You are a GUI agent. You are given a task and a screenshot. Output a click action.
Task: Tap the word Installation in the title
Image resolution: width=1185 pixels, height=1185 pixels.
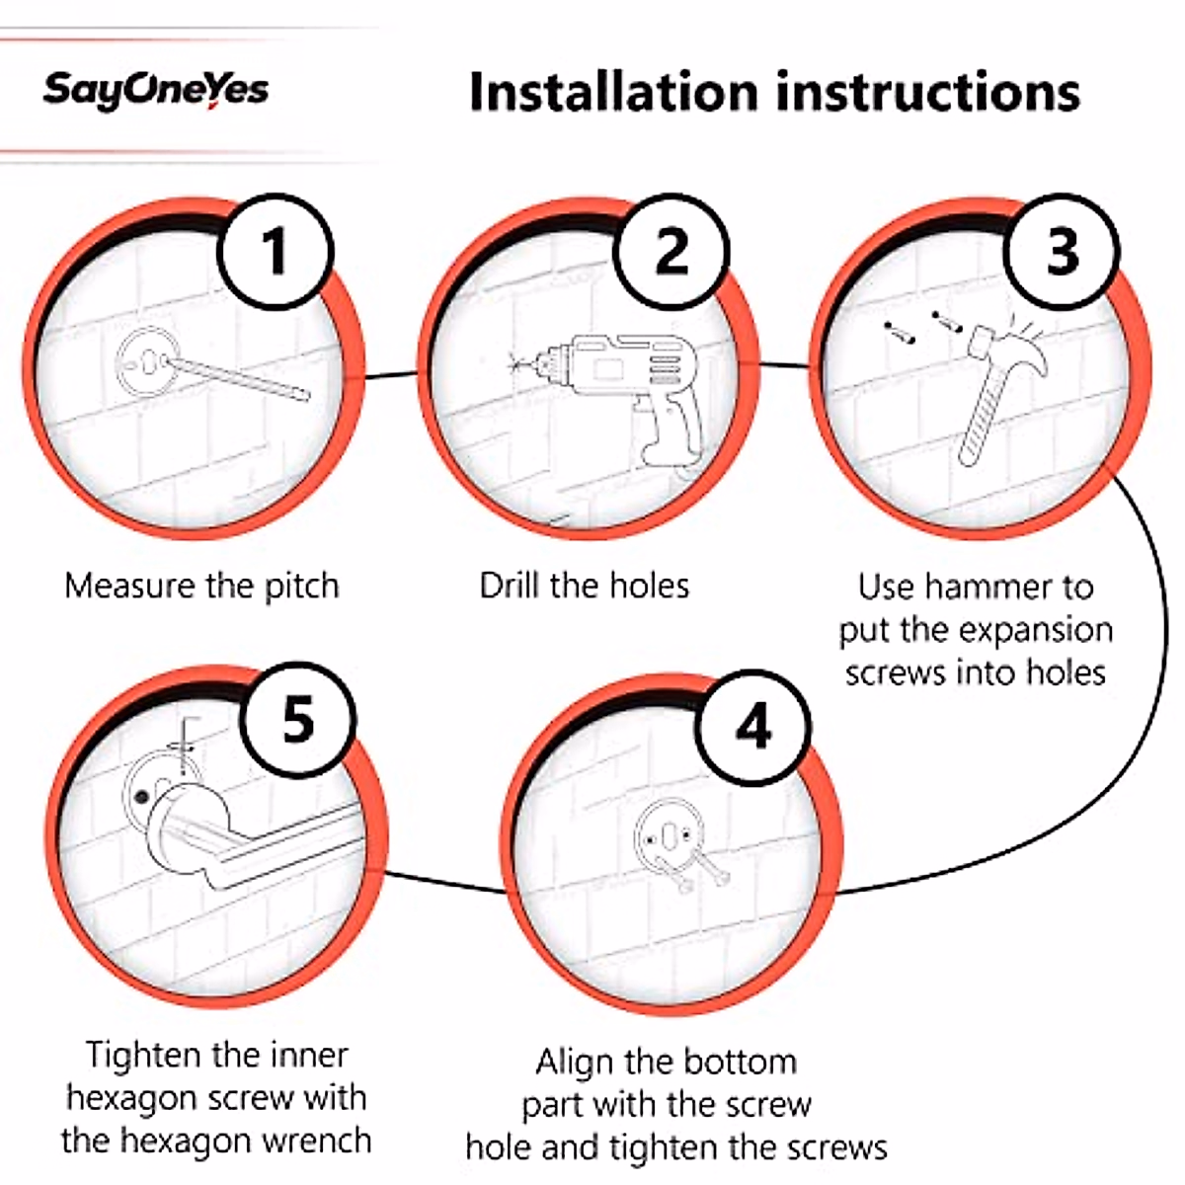(613, 91)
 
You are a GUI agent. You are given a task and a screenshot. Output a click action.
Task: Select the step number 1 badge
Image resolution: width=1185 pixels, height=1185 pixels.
(276, 251)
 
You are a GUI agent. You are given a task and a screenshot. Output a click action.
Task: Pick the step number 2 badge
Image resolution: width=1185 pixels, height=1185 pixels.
(671, 251)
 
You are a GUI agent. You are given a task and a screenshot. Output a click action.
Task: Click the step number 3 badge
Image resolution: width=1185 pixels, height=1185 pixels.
(1062, 251)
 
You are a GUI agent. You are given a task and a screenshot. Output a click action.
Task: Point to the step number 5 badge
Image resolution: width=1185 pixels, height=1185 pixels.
(298, 718)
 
